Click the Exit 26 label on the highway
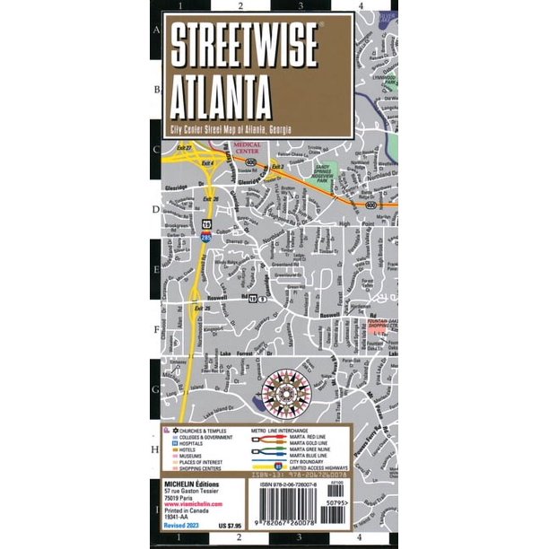tap(211, 199)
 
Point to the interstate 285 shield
tap(207, 236)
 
